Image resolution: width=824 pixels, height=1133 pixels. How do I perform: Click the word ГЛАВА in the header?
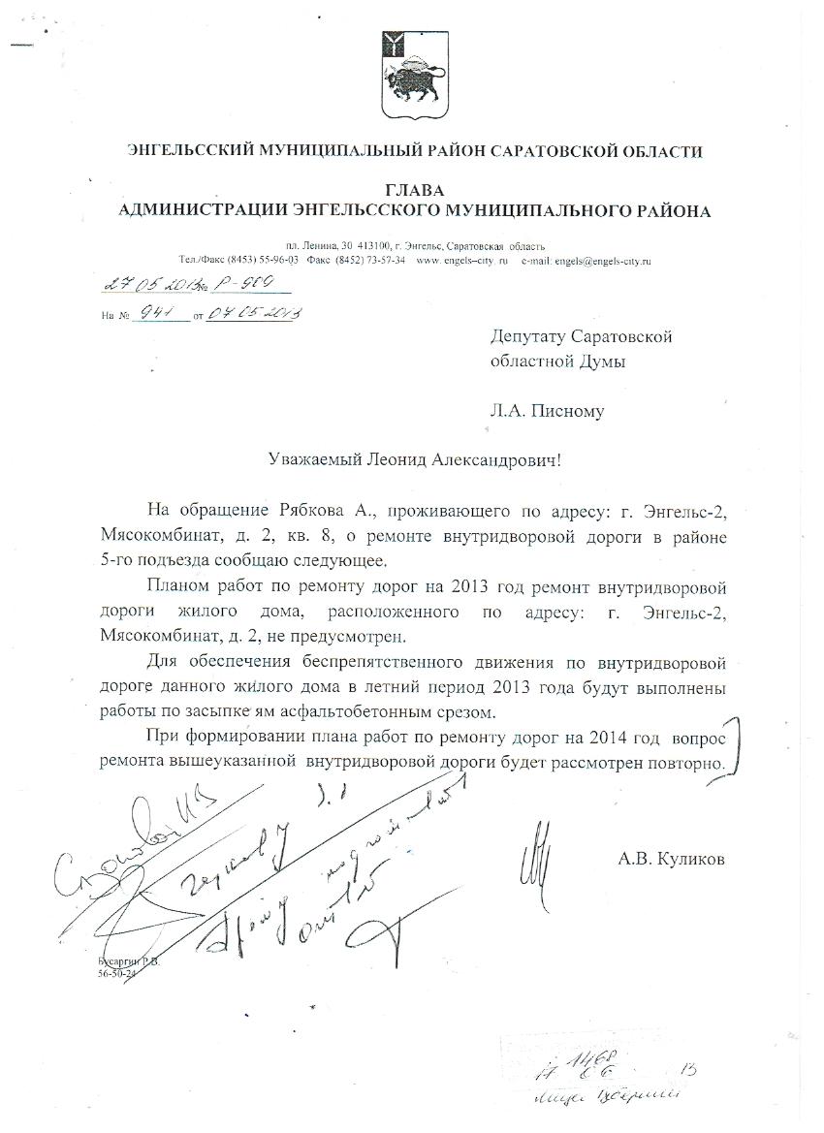coord(413,190)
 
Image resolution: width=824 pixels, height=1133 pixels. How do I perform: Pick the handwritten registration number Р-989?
coord(243,284)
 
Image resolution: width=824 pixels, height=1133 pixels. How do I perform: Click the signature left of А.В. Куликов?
coord(536,851)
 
